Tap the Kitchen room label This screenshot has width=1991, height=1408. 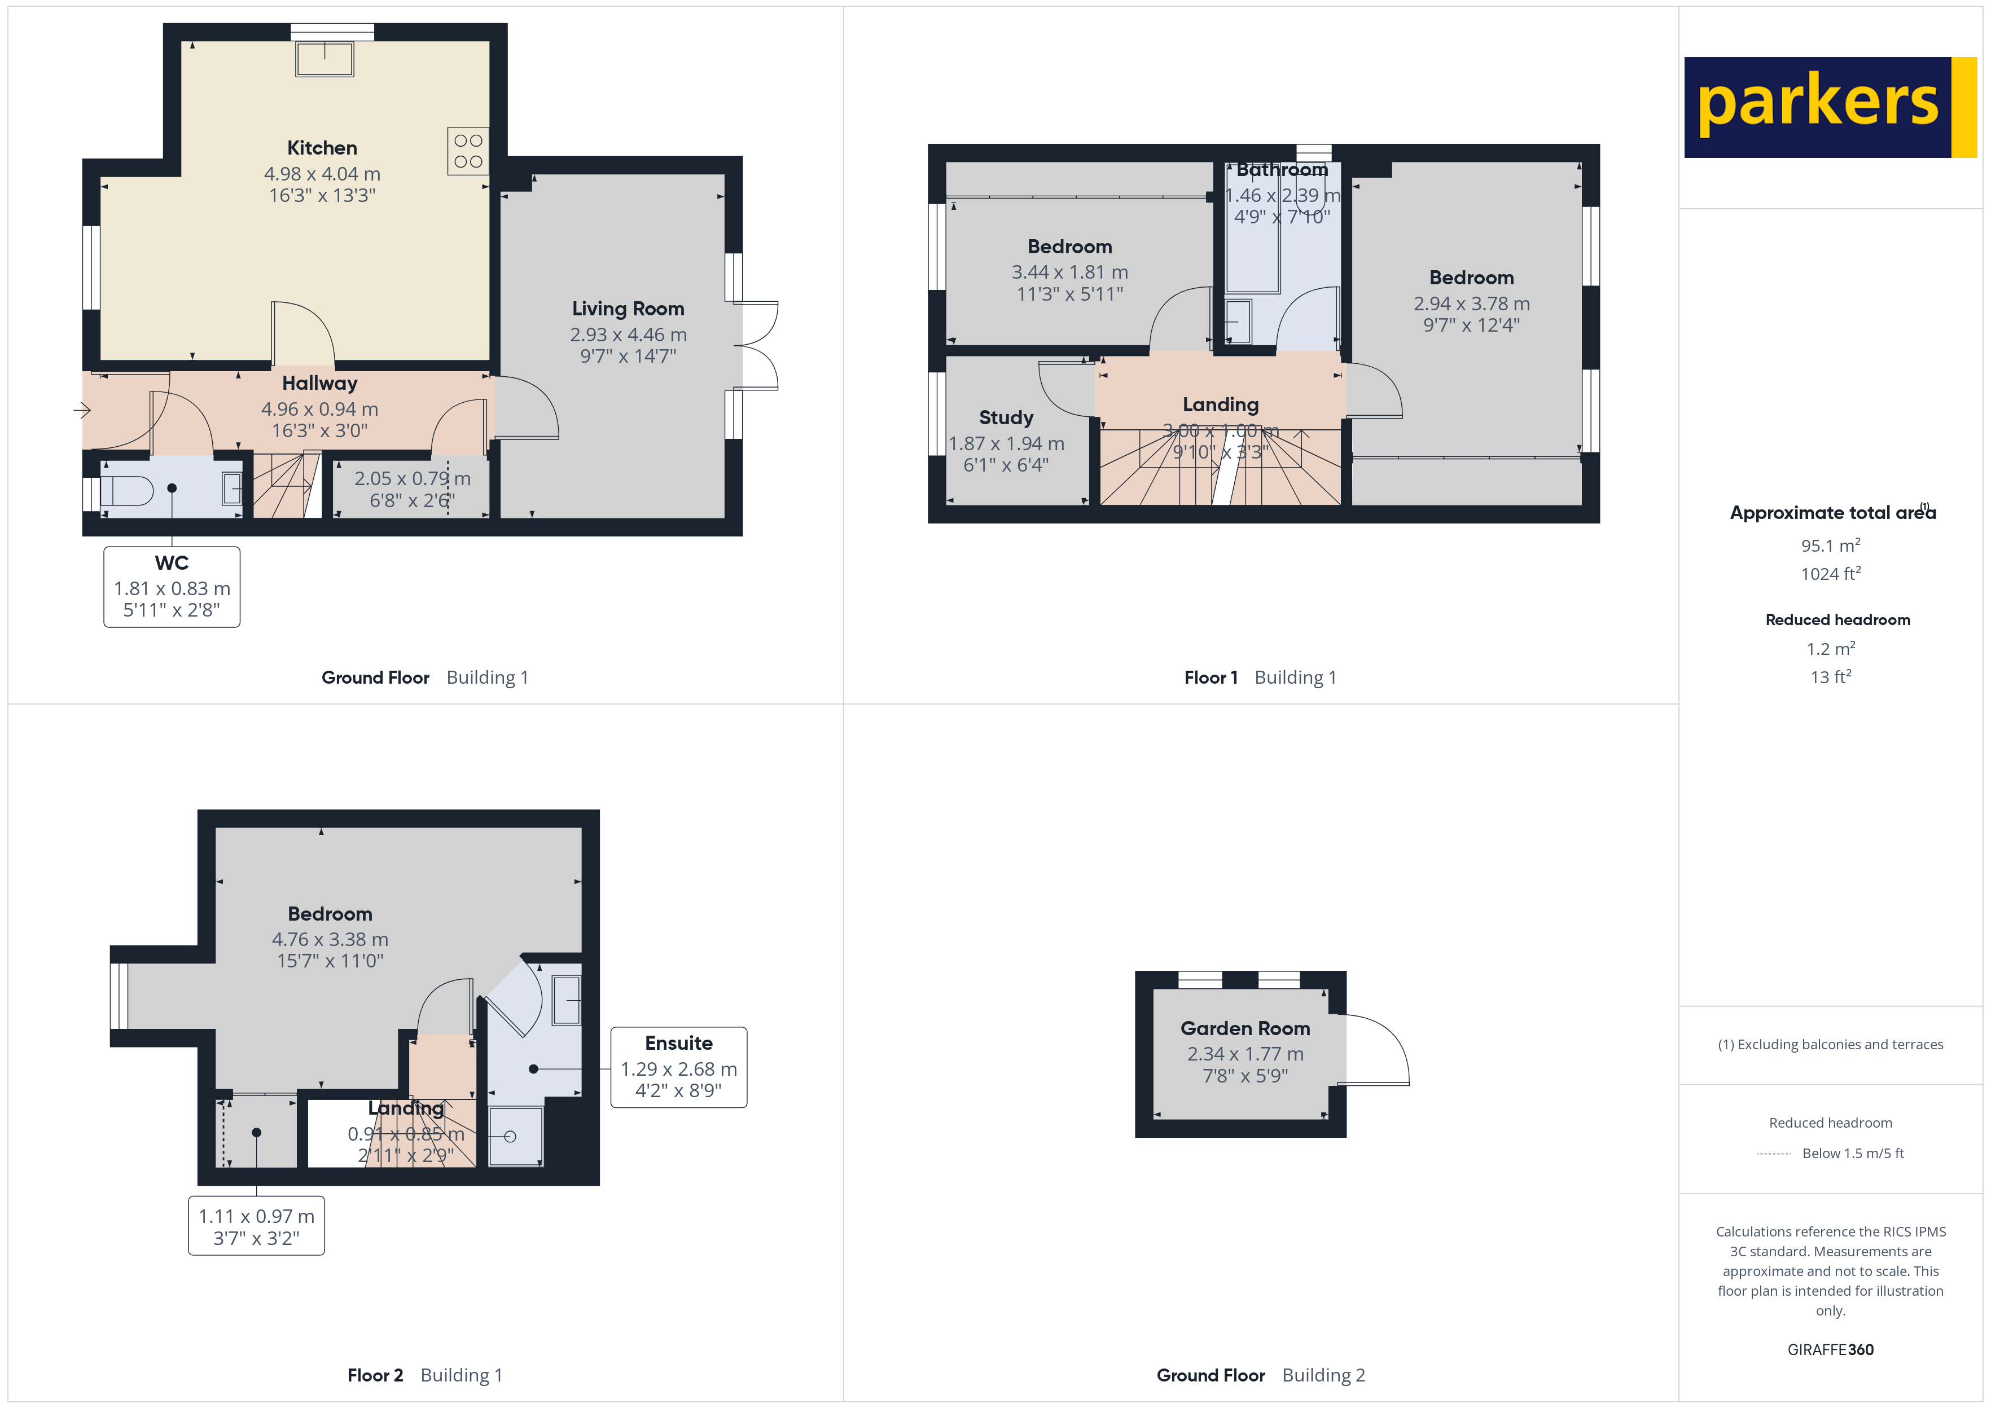pos(322,148)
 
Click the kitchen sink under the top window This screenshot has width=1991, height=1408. pos(324,59)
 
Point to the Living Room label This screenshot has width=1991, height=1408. pos(628,309)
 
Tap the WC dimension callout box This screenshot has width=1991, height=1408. pos(172,587)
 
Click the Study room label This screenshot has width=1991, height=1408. pos(1006,418)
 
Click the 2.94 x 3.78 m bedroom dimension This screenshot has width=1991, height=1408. pos(1472,303)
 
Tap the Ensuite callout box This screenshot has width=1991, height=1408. pos(678,1067)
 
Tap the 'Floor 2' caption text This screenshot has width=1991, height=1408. pos(375,1375)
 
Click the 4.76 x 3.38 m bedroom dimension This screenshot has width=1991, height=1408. pos(330,939)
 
